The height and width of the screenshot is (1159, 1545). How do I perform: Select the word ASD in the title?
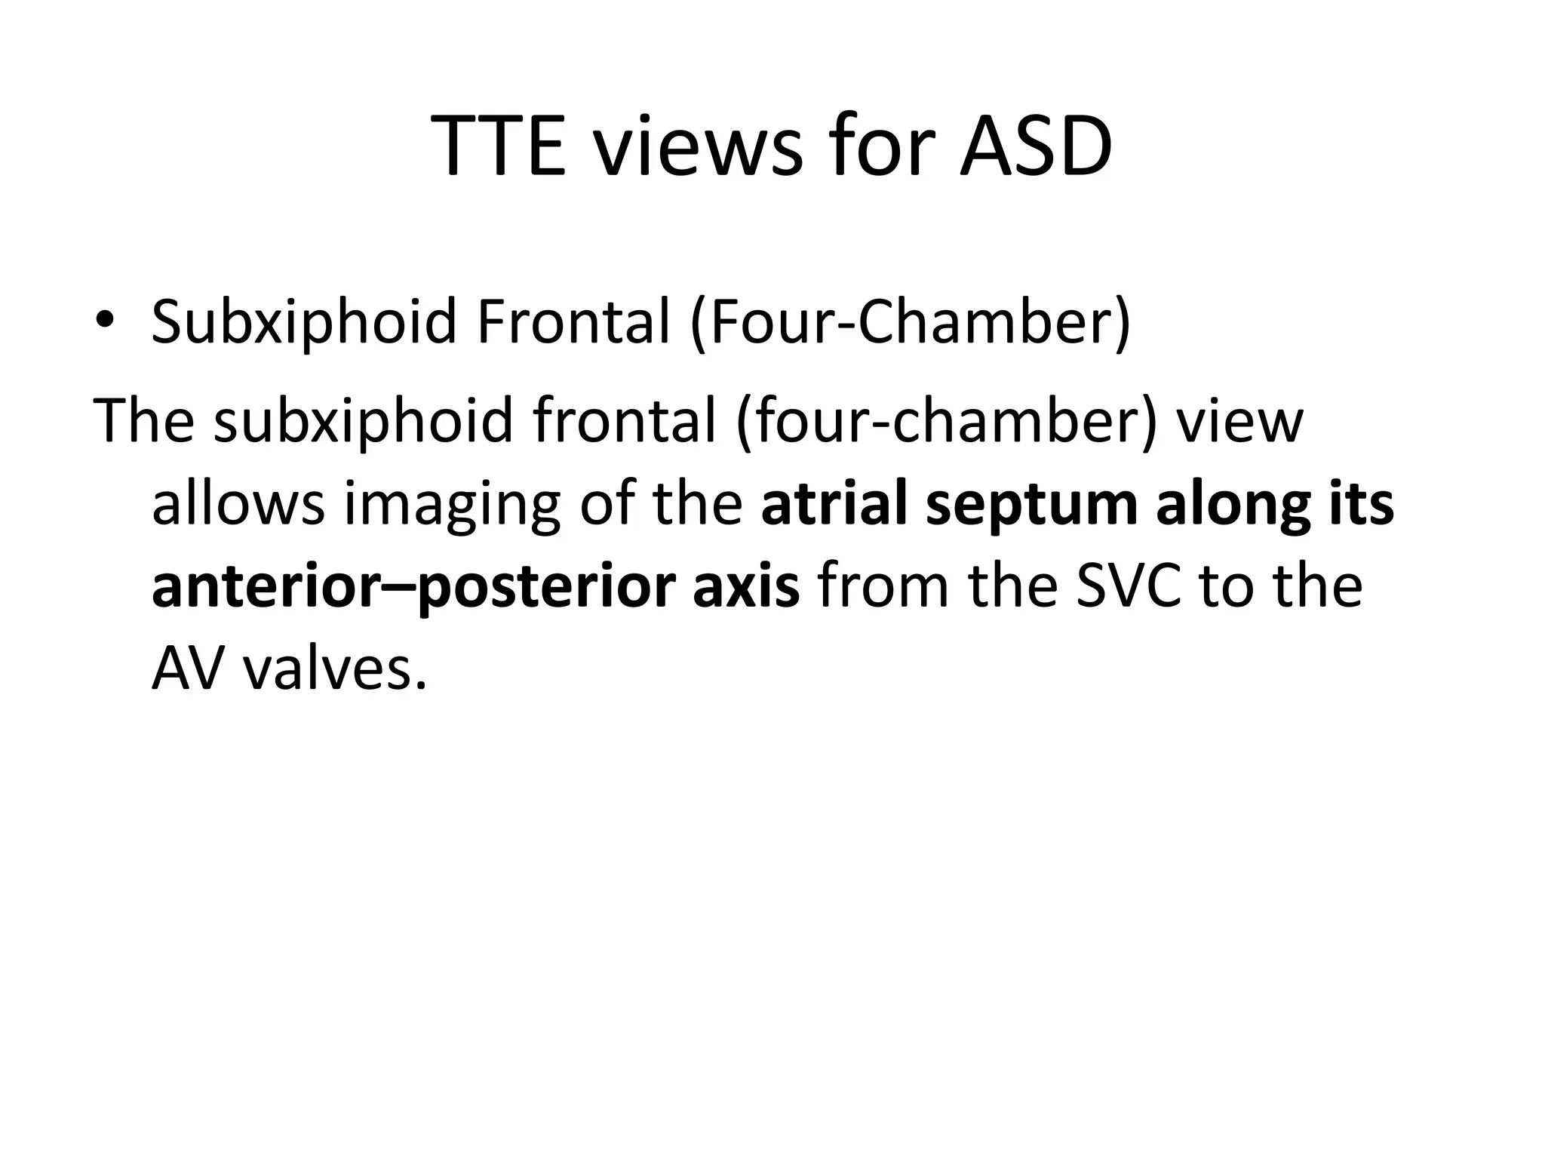coord(1036,147)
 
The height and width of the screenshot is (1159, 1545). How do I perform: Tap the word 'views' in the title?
coord(696,147)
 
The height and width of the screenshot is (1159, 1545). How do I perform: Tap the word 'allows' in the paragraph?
coord(238,504)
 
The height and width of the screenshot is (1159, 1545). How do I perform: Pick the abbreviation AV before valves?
coord(187,670)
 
